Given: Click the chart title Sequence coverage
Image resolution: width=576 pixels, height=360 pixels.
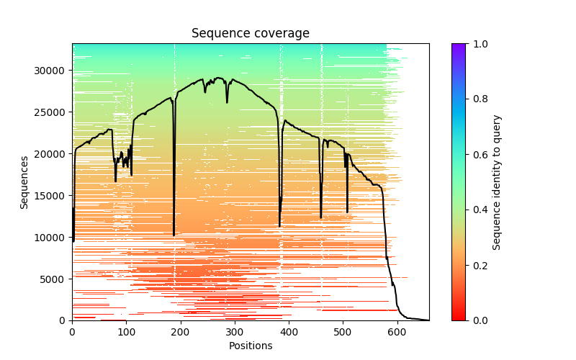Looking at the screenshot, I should click(251, 34).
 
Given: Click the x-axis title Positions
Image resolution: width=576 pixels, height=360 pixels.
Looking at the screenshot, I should click(251, 346).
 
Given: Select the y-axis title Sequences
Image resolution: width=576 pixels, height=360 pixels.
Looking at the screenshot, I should click(24, 182).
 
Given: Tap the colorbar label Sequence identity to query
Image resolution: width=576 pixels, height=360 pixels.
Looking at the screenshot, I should click(497, 182).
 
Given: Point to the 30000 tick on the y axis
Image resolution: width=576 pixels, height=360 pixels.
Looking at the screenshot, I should click(53, 71).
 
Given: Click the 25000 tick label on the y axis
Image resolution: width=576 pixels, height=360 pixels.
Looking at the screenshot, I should click(53, 112).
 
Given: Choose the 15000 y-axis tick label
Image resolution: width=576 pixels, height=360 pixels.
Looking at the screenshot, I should click(53, 196).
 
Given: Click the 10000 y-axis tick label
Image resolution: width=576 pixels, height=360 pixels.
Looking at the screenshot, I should click(53, 238).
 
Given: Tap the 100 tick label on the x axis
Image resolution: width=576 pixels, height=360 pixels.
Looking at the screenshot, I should click(126, 332).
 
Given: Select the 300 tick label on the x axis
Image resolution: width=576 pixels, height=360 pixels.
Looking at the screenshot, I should click(235, 332).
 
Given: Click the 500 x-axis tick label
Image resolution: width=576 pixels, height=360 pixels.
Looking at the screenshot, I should click(343, 332).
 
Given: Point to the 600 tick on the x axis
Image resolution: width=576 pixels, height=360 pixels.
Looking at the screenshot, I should click(397, 332).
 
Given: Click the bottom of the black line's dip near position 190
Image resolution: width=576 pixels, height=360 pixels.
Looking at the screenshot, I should click(174, 235).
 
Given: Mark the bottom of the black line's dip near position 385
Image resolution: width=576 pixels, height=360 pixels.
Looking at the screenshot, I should click(280, 226).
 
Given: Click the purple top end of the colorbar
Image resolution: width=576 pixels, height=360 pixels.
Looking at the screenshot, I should click(459, 46).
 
